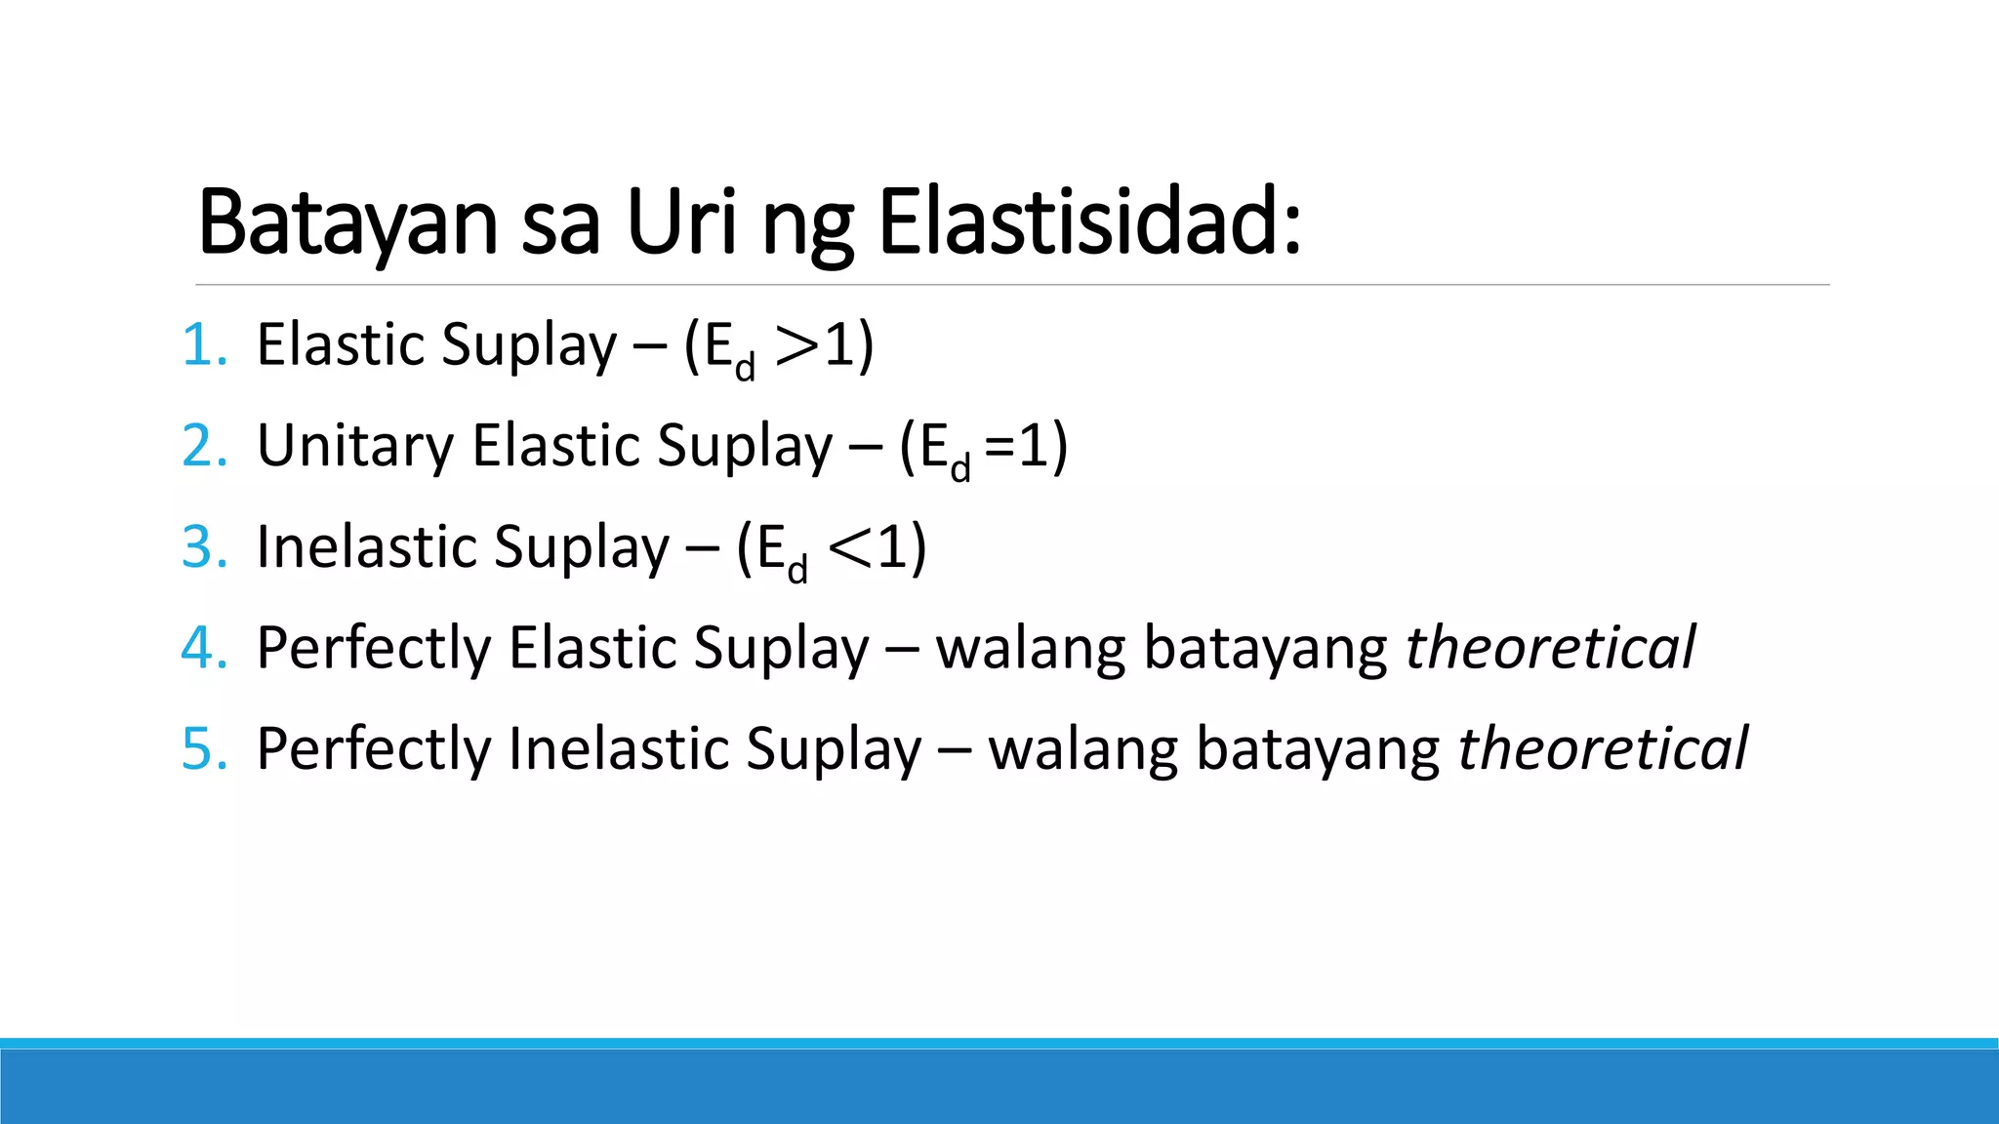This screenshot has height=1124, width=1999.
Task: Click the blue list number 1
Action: (x=205, y=345)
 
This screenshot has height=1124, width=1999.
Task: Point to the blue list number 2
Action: (x=205, y=446)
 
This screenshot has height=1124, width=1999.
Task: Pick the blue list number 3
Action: (x=205, y=547)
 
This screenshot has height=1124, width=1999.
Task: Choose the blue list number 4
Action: (x=205, y=648)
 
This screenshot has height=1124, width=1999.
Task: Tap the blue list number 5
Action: (x=205, y=749)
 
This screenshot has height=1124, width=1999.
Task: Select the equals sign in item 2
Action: (x=999, y=448)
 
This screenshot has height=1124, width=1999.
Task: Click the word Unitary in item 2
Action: (x=355, y=446)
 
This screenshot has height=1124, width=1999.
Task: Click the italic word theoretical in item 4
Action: (x=1550, y=648)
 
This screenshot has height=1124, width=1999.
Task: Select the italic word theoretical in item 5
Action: (x=1603, y=749)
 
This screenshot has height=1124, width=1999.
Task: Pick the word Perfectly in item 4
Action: (x=373, y=650)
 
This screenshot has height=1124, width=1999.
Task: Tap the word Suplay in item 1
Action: (x=529, y=347)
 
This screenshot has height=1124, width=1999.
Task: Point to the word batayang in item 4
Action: (x=1265, y=650)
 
